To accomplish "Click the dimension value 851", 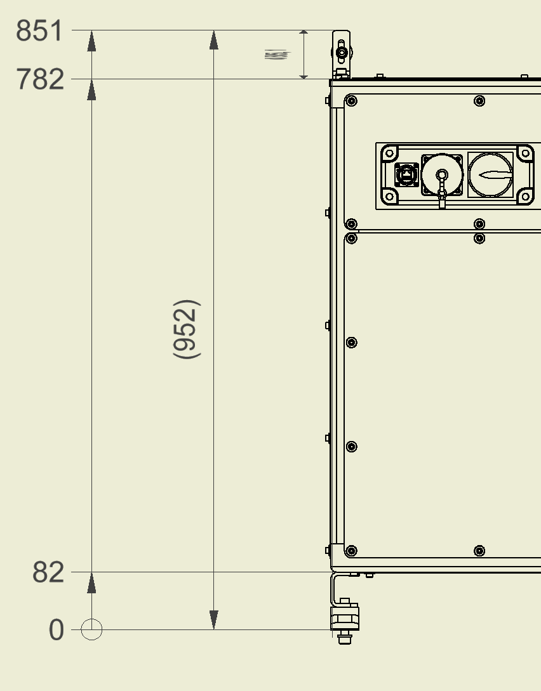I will tap(39, 30).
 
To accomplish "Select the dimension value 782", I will tap(39, 80).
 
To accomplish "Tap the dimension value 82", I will tap(48, 573).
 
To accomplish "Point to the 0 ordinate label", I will tap(57, 631).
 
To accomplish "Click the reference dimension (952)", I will tap(187, 329).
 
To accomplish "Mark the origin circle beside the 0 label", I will tap(92, 630).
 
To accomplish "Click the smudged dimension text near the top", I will tap(276, 55).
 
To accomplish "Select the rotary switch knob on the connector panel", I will tap(491, 174).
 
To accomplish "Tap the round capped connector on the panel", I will tap(442, 175).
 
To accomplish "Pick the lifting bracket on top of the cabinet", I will tap(341, 52).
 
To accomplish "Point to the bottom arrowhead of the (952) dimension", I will tap(214, 620).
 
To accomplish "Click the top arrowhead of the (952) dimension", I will tap(214, 40).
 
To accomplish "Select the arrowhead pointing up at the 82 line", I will tap(92, 582).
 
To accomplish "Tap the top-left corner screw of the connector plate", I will tap(389, 153).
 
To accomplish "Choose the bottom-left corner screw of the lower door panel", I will tap(352, 551).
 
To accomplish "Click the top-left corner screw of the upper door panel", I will tap(352, 101).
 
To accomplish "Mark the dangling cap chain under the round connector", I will tap(442, 198).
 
